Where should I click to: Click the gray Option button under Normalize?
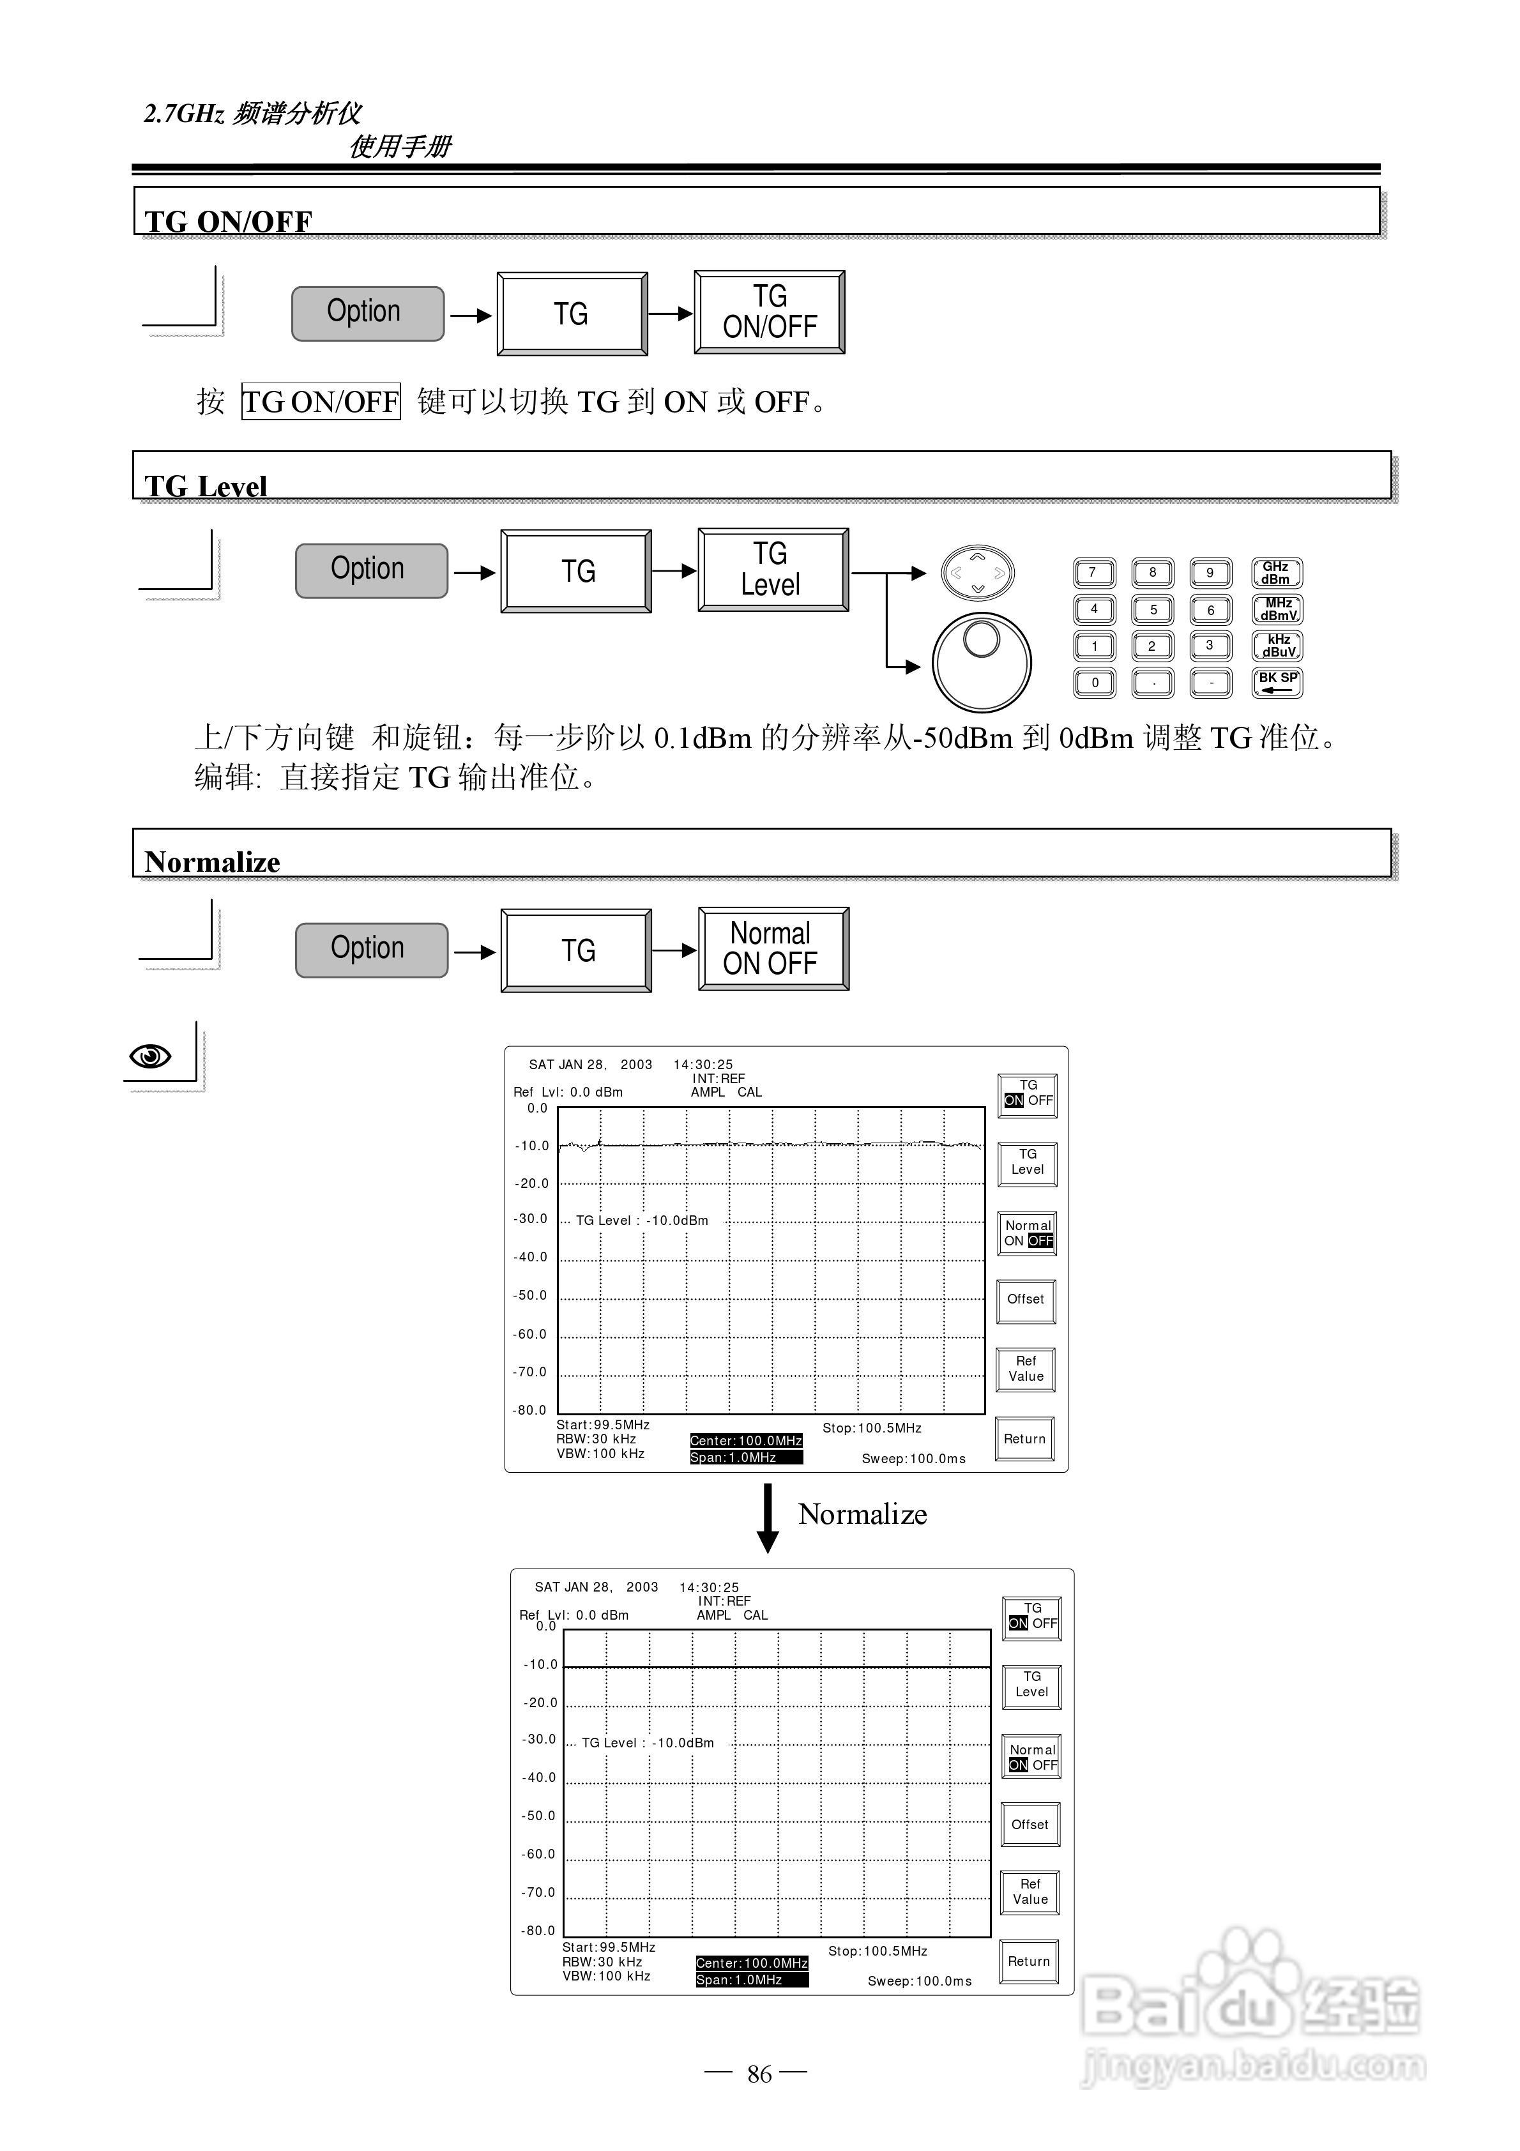coord(371,949)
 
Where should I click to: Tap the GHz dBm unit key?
coord(1275,572)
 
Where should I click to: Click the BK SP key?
coord(1276,682)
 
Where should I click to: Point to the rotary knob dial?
coord(981,662)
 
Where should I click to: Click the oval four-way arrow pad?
coord(977,572)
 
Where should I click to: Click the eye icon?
coord(150,1056)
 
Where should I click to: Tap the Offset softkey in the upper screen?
coord(1025,1300)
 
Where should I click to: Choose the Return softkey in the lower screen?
coord(1028,1961)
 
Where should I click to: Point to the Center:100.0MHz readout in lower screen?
coord(752,1963)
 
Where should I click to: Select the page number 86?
coord(759,2074)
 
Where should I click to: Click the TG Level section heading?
coord(206,485)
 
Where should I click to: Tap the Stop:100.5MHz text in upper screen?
coord(872,1428)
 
